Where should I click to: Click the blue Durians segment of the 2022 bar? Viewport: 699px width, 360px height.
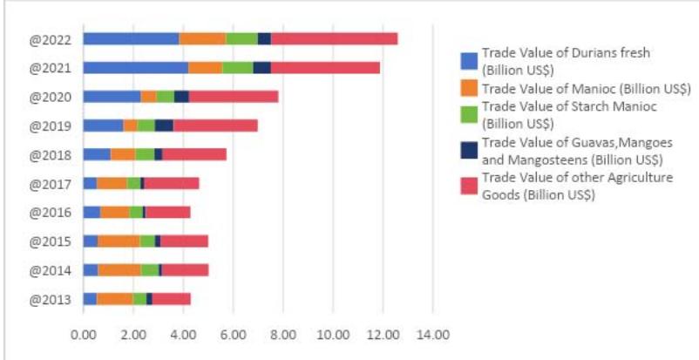[131, 38]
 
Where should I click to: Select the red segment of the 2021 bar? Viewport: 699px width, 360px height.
[325, 67]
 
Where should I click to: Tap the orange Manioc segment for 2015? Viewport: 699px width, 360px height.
[119, 241]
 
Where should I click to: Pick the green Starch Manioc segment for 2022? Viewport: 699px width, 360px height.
[241, 38]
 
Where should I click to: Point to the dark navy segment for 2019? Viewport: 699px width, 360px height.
[163, 126]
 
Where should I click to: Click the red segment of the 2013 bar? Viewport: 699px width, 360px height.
[171, 298]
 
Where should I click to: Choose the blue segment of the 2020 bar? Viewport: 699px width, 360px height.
[112, 97]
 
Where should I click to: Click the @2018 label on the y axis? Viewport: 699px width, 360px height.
[50, 154]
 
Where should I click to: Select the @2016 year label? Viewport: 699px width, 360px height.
[50, 212]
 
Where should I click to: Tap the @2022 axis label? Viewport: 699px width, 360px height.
[50, 38]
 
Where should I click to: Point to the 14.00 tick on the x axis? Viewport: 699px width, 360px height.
[433, 334]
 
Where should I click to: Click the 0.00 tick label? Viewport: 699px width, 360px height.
[84, 334]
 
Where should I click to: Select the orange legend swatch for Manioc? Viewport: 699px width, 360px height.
[468, 89]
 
